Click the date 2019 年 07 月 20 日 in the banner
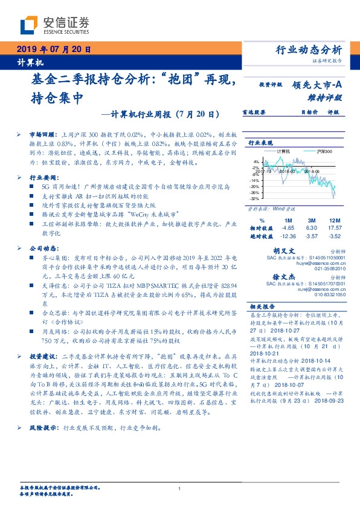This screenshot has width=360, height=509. [x=53, y=50]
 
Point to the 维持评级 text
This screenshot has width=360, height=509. [x=325, y=97]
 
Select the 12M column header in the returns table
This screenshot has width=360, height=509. [x=335, y=219]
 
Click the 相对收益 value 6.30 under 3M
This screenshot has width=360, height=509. [x=312, y=227]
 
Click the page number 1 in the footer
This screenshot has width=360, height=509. [x=180, y=488]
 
